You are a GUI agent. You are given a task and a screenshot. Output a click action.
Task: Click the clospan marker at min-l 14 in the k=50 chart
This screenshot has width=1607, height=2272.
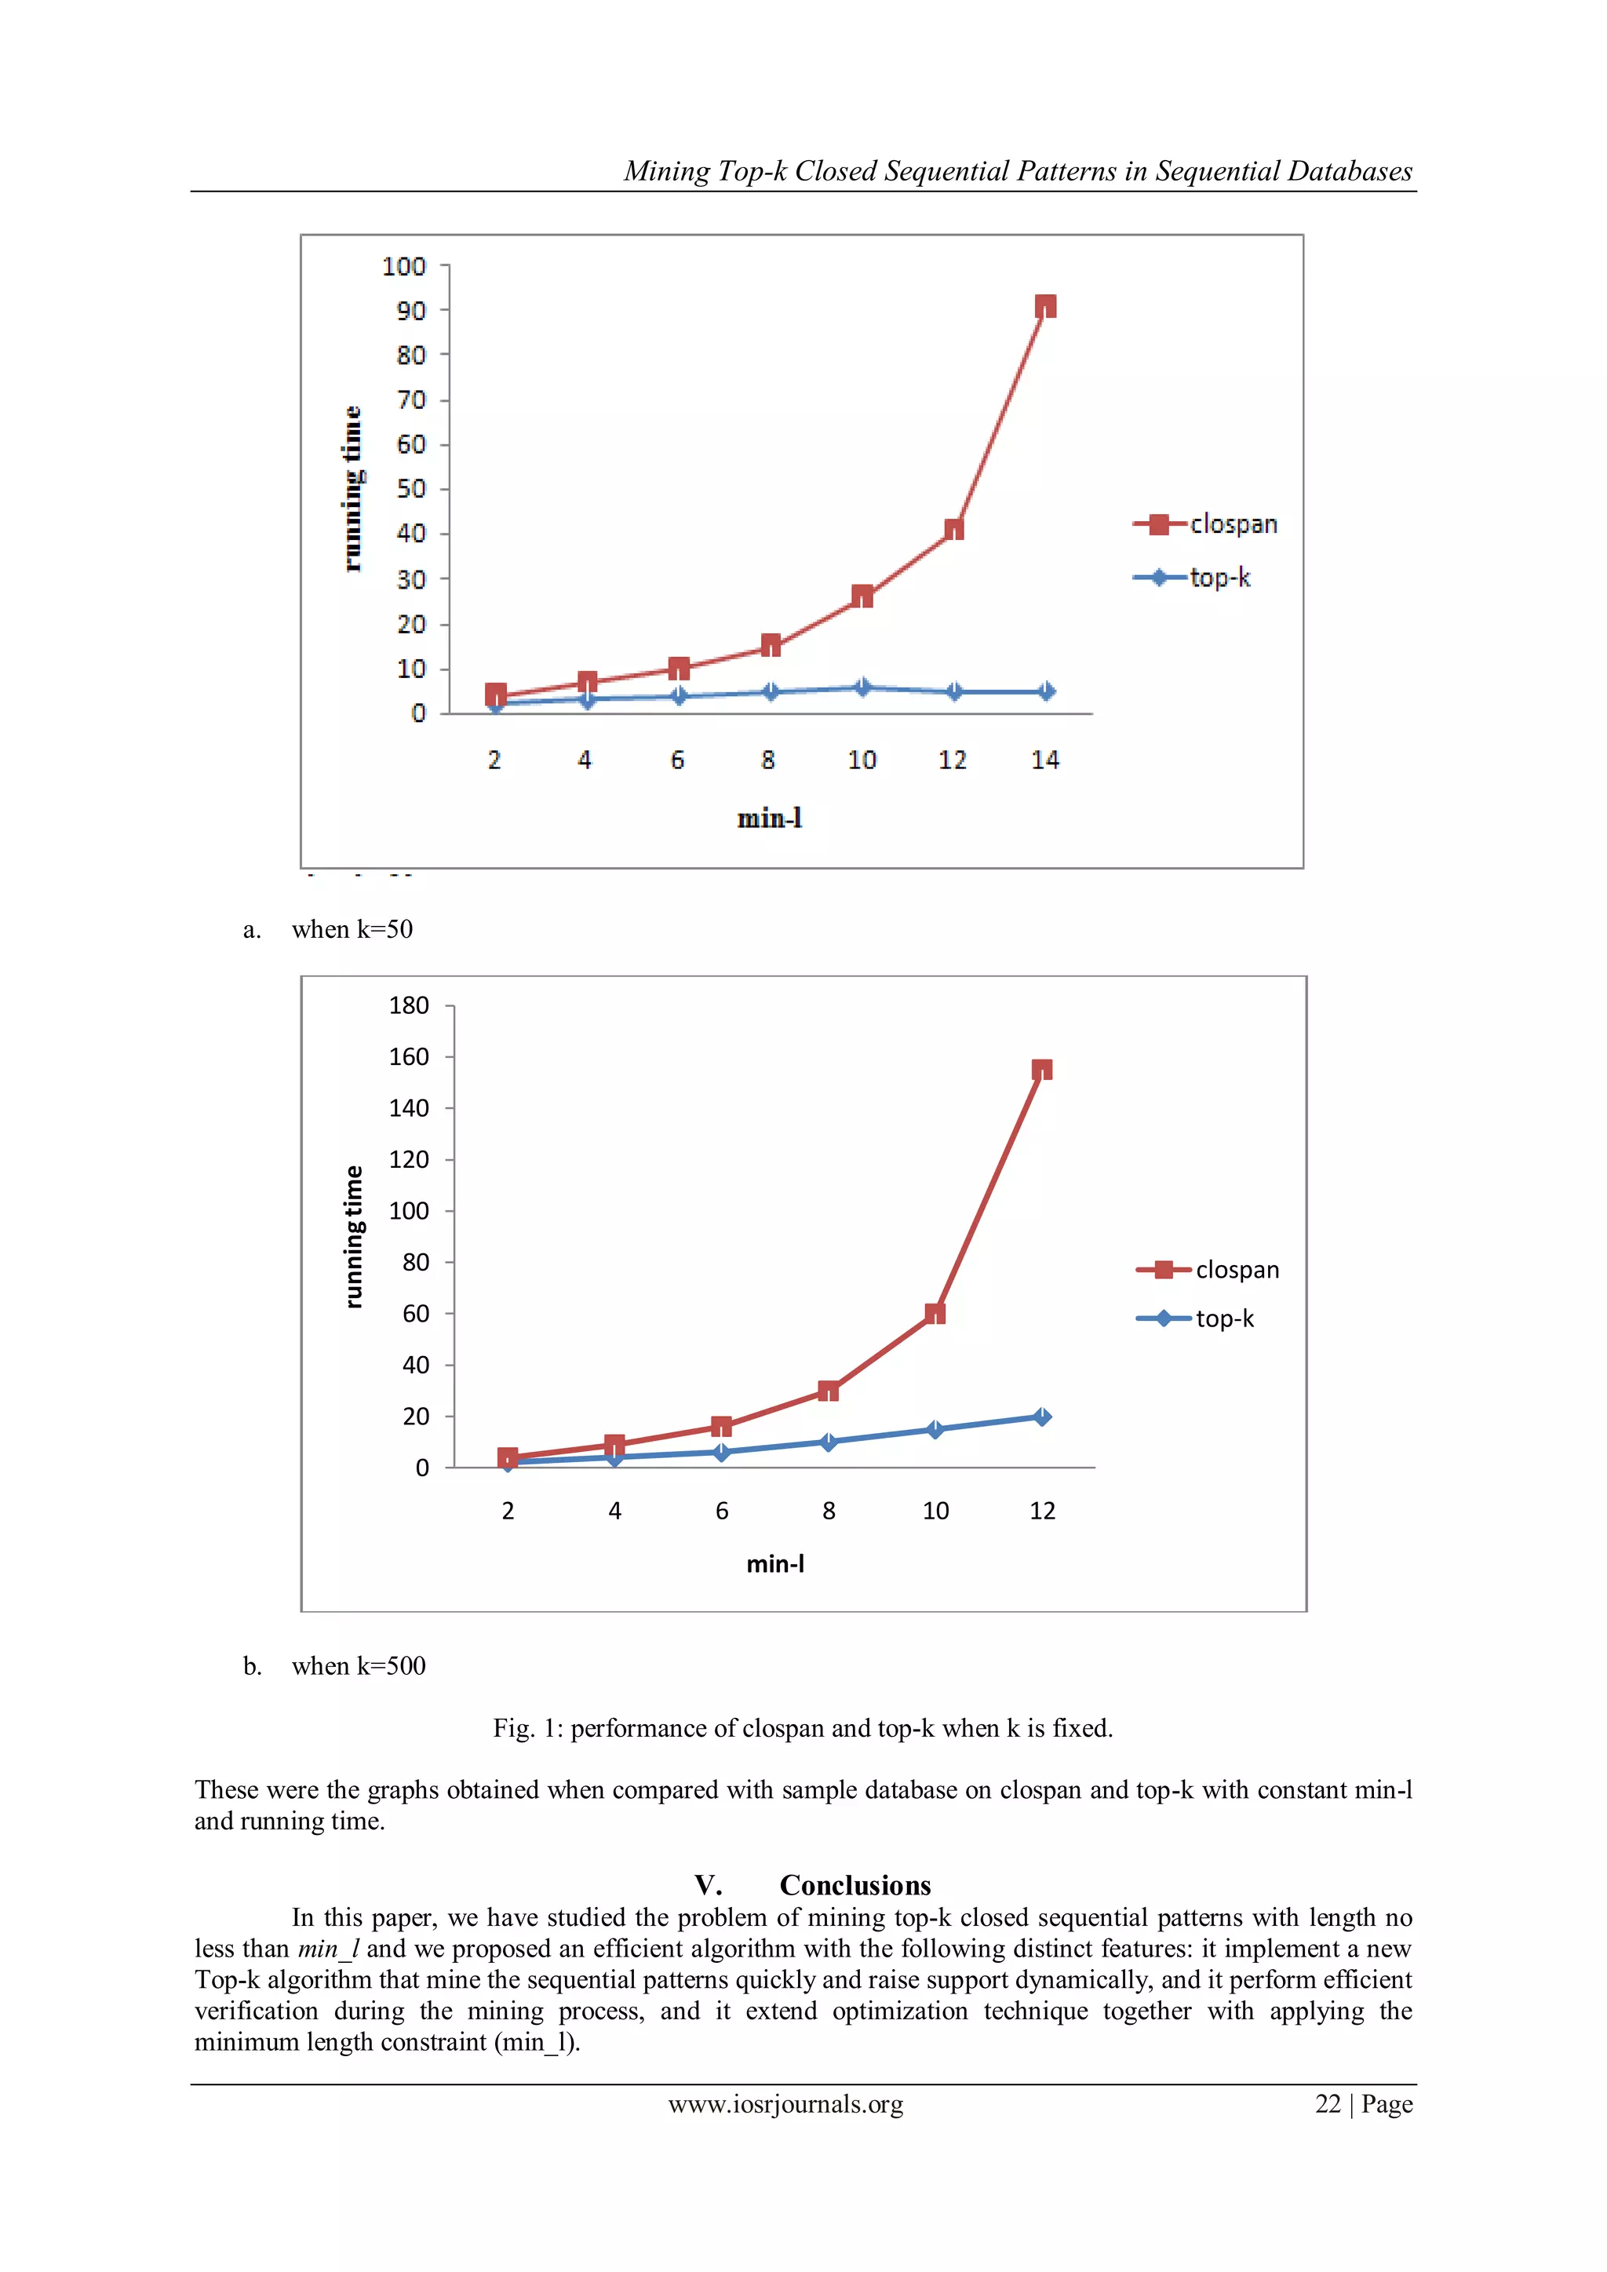1045,306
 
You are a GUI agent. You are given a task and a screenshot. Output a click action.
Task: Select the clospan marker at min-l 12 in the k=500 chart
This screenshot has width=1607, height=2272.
1041,1070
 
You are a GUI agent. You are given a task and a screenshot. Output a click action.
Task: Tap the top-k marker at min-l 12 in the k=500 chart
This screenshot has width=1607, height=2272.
1041,1417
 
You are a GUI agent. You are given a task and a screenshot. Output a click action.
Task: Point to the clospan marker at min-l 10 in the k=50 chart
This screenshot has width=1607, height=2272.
862,596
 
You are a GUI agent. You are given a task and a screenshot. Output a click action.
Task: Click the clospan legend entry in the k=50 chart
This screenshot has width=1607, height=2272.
1205,524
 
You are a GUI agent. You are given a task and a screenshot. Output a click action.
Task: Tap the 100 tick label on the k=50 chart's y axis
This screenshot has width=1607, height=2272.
404,266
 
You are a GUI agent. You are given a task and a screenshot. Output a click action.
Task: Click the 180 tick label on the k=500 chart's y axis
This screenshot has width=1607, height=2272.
409,1005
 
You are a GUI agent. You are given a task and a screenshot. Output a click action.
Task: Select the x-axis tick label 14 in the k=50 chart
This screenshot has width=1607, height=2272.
1045,760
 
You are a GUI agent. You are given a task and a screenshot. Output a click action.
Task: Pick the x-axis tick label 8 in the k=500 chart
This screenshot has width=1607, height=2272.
829,1511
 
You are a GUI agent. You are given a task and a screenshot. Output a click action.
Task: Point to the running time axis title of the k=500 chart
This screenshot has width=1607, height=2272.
353,1237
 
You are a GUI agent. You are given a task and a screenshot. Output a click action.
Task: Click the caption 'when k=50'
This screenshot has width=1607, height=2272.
352,929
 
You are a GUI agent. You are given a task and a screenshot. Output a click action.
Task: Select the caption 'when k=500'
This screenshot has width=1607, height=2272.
359,1665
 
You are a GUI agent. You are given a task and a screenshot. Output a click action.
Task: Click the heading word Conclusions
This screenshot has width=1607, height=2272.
855,1885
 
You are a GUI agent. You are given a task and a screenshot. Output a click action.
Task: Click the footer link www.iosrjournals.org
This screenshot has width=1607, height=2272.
785,2104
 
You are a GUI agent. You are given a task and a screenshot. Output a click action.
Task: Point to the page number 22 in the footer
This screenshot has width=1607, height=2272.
1327,2104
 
